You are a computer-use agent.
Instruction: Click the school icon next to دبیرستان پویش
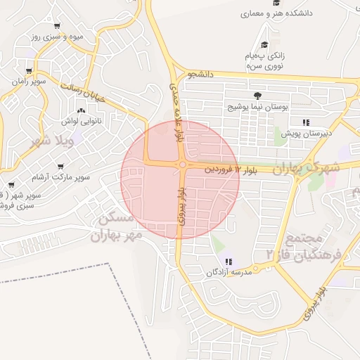coord(306,122)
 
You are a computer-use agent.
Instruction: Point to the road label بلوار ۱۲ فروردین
coord(231,169)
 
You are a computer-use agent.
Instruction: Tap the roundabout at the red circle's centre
coord(182,165)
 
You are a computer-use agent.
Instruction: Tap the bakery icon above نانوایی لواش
coord(82,110)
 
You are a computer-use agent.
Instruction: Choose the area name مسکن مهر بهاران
coord(116,226)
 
